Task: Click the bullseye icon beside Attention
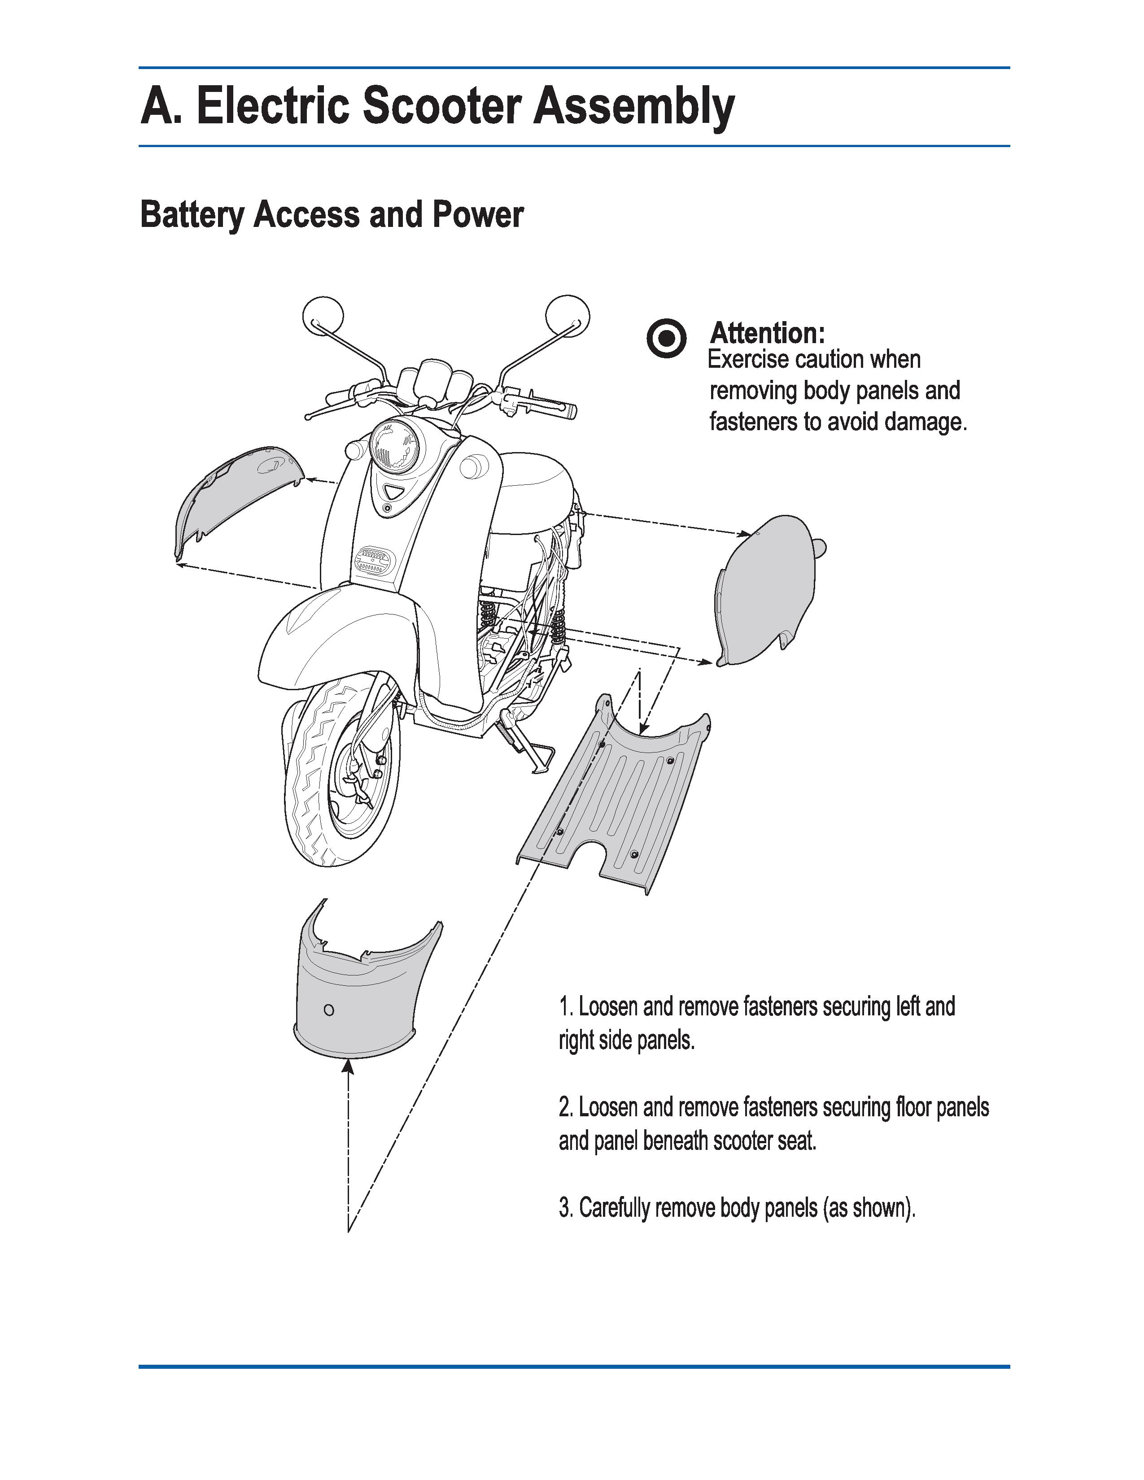pyautogui.click(x=666, y=337)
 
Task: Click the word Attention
pyautogui.click(x=767, y=333)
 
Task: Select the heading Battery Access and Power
pyautogui.click(x=332, y=215)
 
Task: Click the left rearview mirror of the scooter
pyautogui.click(x=323, y=315)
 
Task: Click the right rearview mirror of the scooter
pyautogui.click(x=567, y=315)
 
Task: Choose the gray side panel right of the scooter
pyautogui.click(x=766, y=590)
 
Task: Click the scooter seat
pyautogui.click(x=535, y=501)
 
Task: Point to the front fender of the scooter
pyautogui.click(x=339, y=637)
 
